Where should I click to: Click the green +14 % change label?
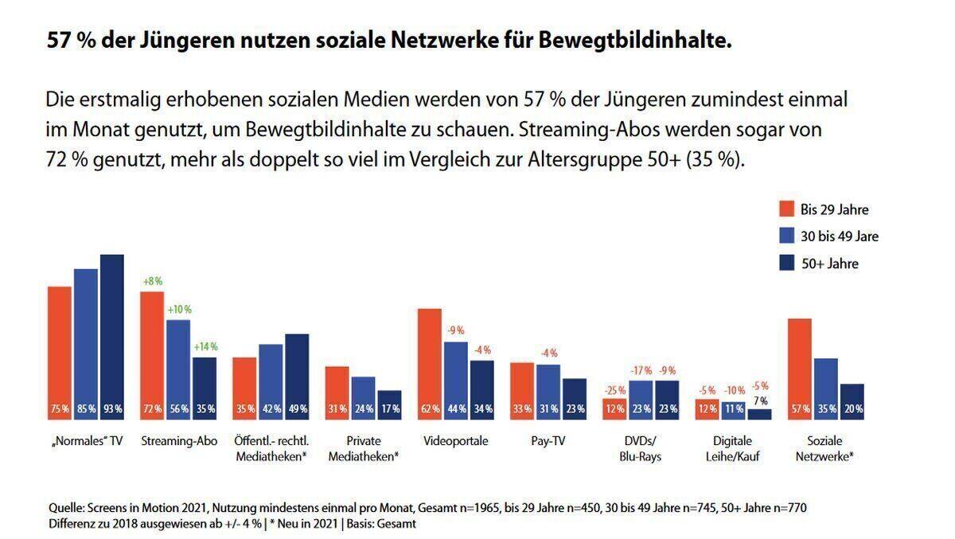point(205,347)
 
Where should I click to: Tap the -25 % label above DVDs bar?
point(615,389)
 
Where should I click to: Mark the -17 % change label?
point(641,370)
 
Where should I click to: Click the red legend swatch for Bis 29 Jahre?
point(786,209)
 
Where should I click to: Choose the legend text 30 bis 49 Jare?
point(839,236)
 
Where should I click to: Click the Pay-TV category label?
point(547,441)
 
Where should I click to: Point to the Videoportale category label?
point(456,441)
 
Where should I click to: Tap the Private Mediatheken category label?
point(363,448)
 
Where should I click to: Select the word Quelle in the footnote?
point(65,508)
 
